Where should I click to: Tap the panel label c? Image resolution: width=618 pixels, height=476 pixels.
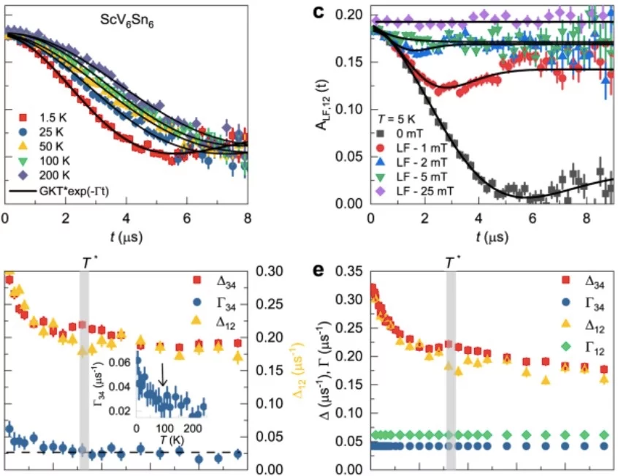(338, 12)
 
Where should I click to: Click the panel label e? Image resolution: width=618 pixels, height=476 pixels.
(338, 271)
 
